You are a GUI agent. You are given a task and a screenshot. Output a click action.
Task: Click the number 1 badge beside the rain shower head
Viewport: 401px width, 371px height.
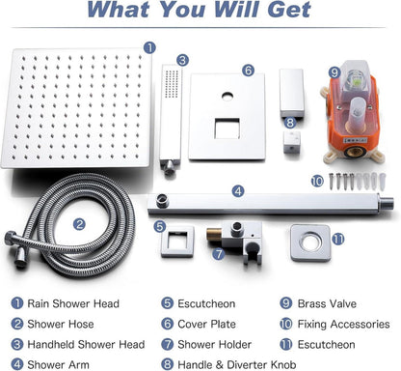pyautogui.click(x=149, y=47)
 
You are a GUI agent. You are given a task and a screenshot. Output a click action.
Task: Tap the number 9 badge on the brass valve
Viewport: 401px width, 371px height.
pyautogui.click(x=334, y=72)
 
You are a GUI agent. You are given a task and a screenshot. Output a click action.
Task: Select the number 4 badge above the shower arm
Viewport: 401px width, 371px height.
pyautogui.click(x=238, y=191)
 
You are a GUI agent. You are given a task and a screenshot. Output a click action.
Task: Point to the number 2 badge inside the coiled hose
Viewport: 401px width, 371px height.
pyautogui.click(x=79, y=224)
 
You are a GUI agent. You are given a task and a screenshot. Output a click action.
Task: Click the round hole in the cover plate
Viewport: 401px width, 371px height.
pyautogui.click(x=227, y=96)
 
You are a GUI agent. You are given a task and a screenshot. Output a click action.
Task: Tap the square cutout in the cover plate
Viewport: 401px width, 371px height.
pyautogui.click(x=227, y=128)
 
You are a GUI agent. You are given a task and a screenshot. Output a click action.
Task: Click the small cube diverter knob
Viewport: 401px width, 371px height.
pyautogui.click(x=292, y=141)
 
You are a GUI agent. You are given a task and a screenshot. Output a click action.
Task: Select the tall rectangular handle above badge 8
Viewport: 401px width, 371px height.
pyautogui.click(x=291, y=93)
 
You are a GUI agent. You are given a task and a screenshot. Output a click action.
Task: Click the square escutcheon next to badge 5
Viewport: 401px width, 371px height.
pyautogui.click(x=177, y=242)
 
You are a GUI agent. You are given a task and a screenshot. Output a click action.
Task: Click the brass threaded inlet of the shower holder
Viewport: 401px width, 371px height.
pyautogui.click(x=213, y=235)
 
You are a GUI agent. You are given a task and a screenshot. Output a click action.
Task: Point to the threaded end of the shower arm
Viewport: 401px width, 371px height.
pyautogui.click(x=387, y=202)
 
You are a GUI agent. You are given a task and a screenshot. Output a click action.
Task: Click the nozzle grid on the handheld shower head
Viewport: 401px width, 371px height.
pyautogui.click(x=172, y=84)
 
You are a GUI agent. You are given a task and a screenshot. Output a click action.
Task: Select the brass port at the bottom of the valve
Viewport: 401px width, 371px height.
pyautogui.click(x=353, y=152)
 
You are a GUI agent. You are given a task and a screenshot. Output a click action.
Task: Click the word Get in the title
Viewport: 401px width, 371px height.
pyautogui.click(x=289, y=10)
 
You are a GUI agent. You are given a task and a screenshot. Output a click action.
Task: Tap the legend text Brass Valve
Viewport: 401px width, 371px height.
pyautogui.click(x=327, y=303)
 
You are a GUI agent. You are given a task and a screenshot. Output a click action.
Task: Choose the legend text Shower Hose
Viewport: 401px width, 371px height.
pyautogui.click(x=61, y=324)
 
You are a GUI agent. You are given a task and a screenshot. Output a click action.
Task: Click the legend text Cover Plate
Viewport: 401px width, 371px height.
pyautogui.click(x=206, y=324)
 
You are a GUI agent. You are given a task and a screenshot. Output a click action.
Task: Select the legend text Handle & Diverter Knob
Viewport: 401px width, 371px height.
pyautogui.click(x=237, y=365)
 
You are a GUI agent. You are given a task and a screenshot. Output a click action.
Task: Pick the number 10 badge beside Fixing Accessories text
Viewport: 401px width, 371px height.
pyautogui.click(x=285, y=324)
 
